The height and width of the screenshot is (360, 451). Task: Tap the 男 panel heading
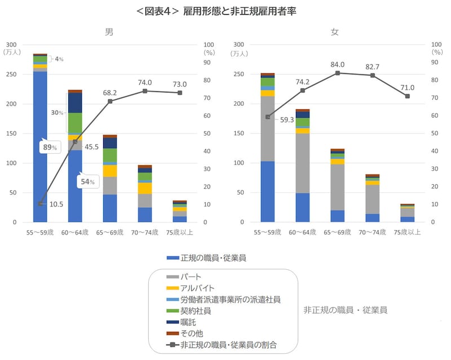(109, 32)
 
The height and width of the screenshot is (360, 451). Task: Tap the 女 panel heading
(334, 32)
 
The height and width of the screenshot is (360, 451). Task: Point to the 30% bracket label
(58, 113)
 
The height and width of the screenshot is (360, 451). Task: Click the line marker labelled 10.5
(40, 203)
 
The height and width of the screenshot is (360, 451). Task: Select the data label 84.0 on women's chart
(338, 64)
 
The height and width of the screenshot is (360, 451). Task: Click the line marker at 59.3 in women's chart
(268, 117)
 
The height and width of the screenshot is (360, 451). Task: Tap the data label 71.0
(407, 87)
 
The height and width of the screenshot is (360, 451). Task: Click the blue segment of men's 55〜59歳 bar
(40, 146)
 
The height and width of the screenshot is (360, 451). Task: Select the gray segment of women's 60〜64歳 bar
(303, 163)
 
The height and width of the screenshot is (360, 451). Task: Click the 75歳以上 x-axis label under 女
(407, 231)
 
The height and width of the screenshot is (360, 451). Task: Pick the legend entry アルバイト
(198, 288)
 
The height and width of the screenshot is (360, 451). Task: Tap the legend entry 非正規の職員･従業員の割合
(229, 344)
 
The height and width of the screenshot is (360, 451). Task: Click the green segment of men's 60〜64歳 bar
(75, 122)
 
